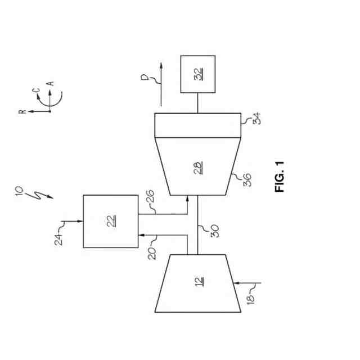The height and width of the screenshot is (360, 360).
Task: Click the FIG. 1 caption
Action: pos(281,177)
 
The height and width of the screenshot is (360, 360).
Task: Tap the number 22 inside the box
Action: pos(111,221)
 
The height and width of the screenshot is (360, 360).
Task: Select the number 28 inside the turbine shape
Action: pos(199,168)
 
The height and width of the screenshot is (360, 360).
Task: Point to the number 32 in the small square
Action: pos(198,74)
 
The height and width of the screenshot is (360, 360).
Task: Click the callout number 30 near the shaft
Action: pos(214,231)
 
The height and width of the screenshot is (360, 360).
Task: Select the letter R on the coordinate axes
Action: pos(22,111)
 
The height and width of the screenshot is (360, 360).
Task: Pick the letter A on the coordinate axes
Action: pos(50,83)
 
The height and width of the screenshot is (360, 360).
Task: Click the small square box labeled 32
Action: pos(197,74)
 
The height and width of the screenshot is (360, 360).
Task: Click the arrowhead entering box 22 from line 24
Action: pos(80,222)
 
